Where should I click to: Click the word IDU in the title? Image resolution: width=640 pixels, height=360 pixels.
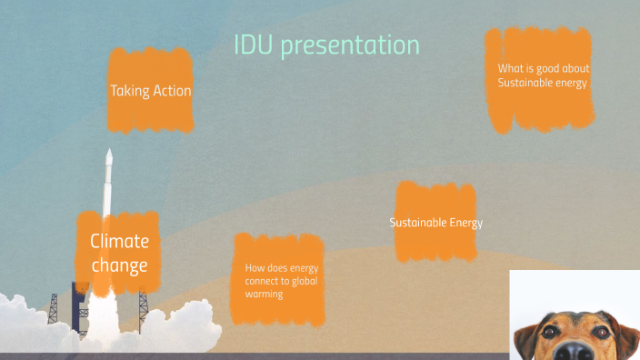coord(254,45)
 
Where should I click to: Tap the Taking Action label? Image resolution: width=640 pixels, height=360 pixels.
coord(150,91)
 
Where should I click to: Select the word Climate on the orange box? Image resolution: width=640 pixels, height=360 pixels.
coord(119,241)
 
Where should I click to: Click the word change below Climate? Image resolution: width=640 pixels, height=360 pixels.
coord(119,265)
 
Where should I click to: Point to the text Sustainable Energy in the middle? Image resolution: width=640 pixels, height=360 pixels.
coord(435,223)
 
